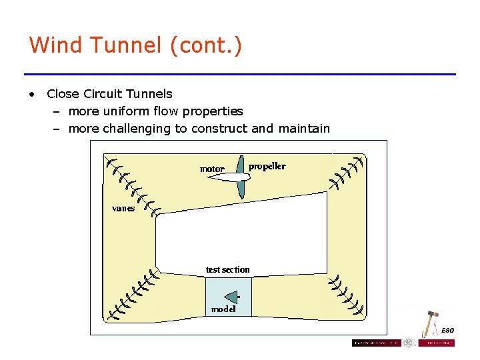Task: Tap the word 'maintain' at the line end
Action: pyautogui.click(x=303, y=129)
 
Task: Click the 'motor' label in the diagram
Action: pyautogui.click(x=212, y=169)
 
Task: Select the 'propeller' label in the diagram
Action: pyautogui.click(x=267, y=166)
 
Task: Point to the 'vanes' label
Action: pyautogui.click(x=123, y=208)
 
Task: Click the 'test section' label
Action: pyautogui.click(x=228, y=269)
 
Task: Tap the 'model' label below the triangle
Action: pyautogui.click(x=223, y=309)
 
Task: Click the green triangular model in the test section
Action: pyautogui.click(x=231, y=296)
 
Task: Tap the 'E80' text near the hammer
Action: pyautogui.click(x=448, y=330)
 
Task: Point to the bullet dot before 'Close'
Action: pyautogui.click(x=31, y=94)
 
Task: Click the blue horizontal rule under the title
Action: pyautogui.click(x=240, y=74)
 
